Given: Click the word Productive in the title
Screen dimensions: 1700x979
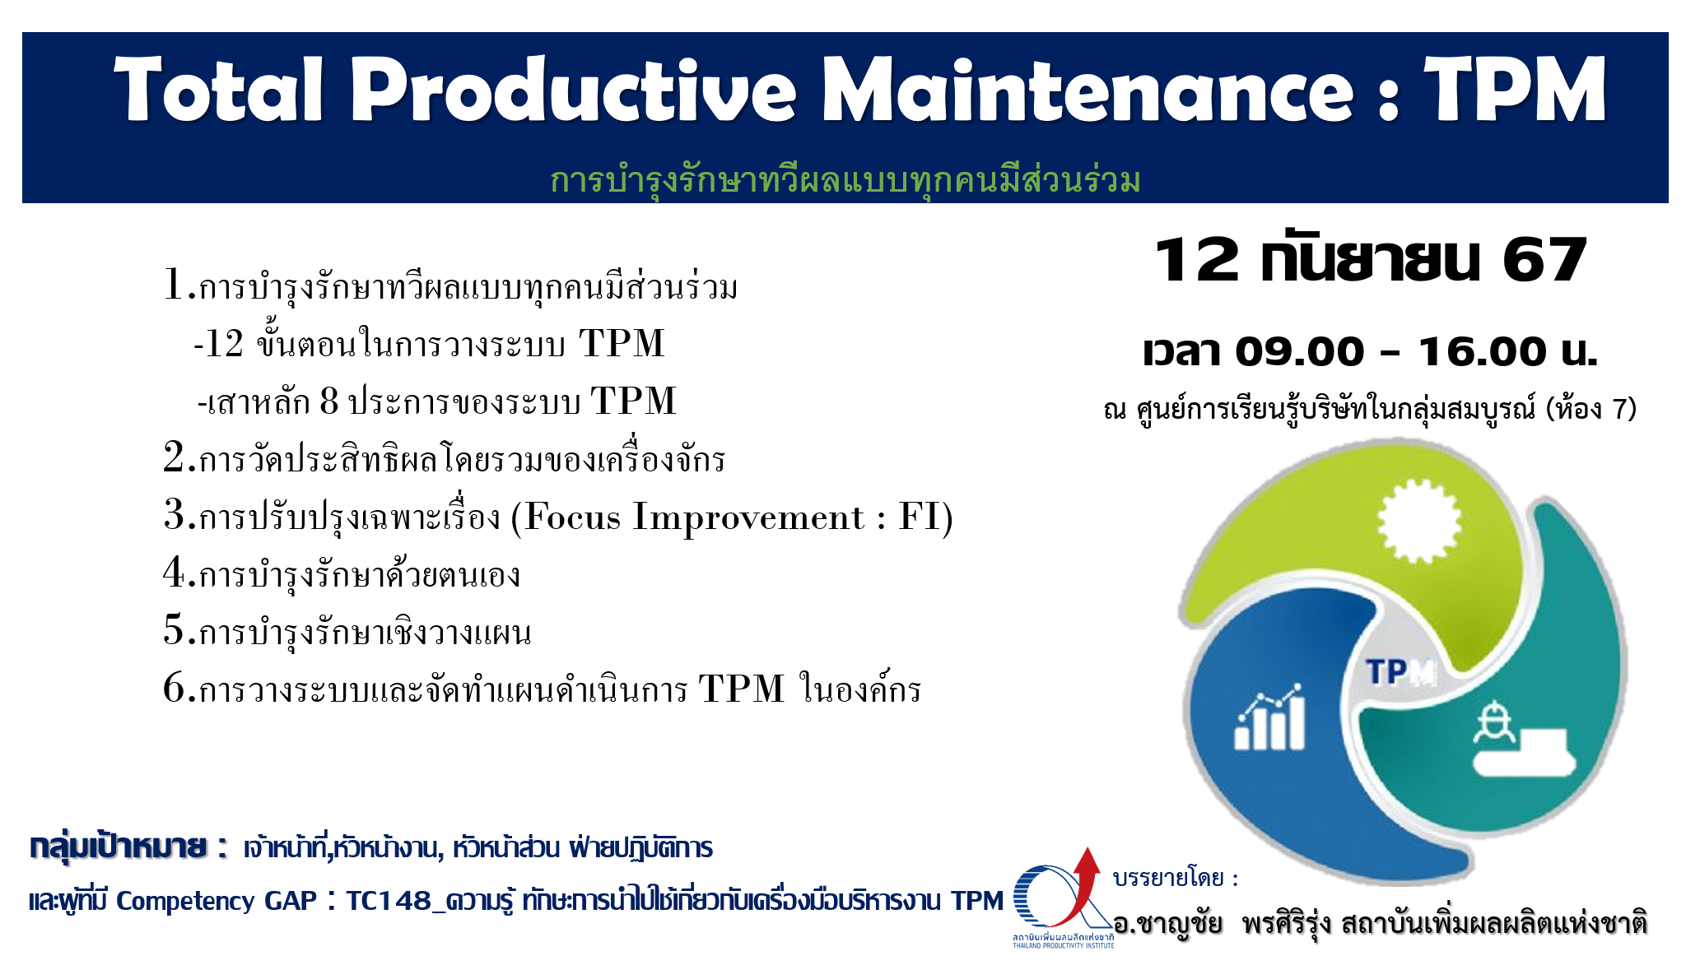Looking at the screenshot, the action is tap(574, 90).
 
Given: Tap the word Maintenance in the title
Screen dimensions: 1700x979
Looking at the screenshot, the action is tap(1088, 90).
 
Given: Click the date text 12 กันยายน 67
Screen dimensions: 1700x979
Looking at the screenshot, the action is tap(1371, 260).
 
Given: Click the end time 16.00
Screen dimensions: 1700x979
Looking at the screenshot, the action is tap(1482, 351).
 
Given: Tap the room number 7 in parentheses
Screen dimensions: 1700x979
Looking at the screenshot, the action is tap(1619, 408).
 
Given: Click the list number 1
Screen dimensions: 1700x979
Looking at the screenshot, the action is tap(173, 285).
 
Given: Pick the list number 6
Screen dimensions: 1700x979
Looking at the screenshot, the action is tap(174, 687).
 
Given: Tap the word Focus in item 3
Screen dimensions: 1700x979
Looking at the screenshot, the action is tap(572, 517).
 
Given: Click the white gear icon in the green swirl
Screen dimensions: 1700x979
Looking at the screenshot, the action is tap(1418, 521).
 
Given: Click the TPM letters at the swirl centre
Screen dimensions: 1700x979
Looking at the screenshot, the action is tap(1400, 672).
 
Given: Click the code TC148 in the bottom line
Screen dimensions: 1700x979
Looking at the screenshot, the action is tap(389, 901).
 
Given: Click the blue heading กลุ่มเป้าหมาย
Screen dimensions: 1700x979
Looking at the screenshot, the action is tap(118, 846).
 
